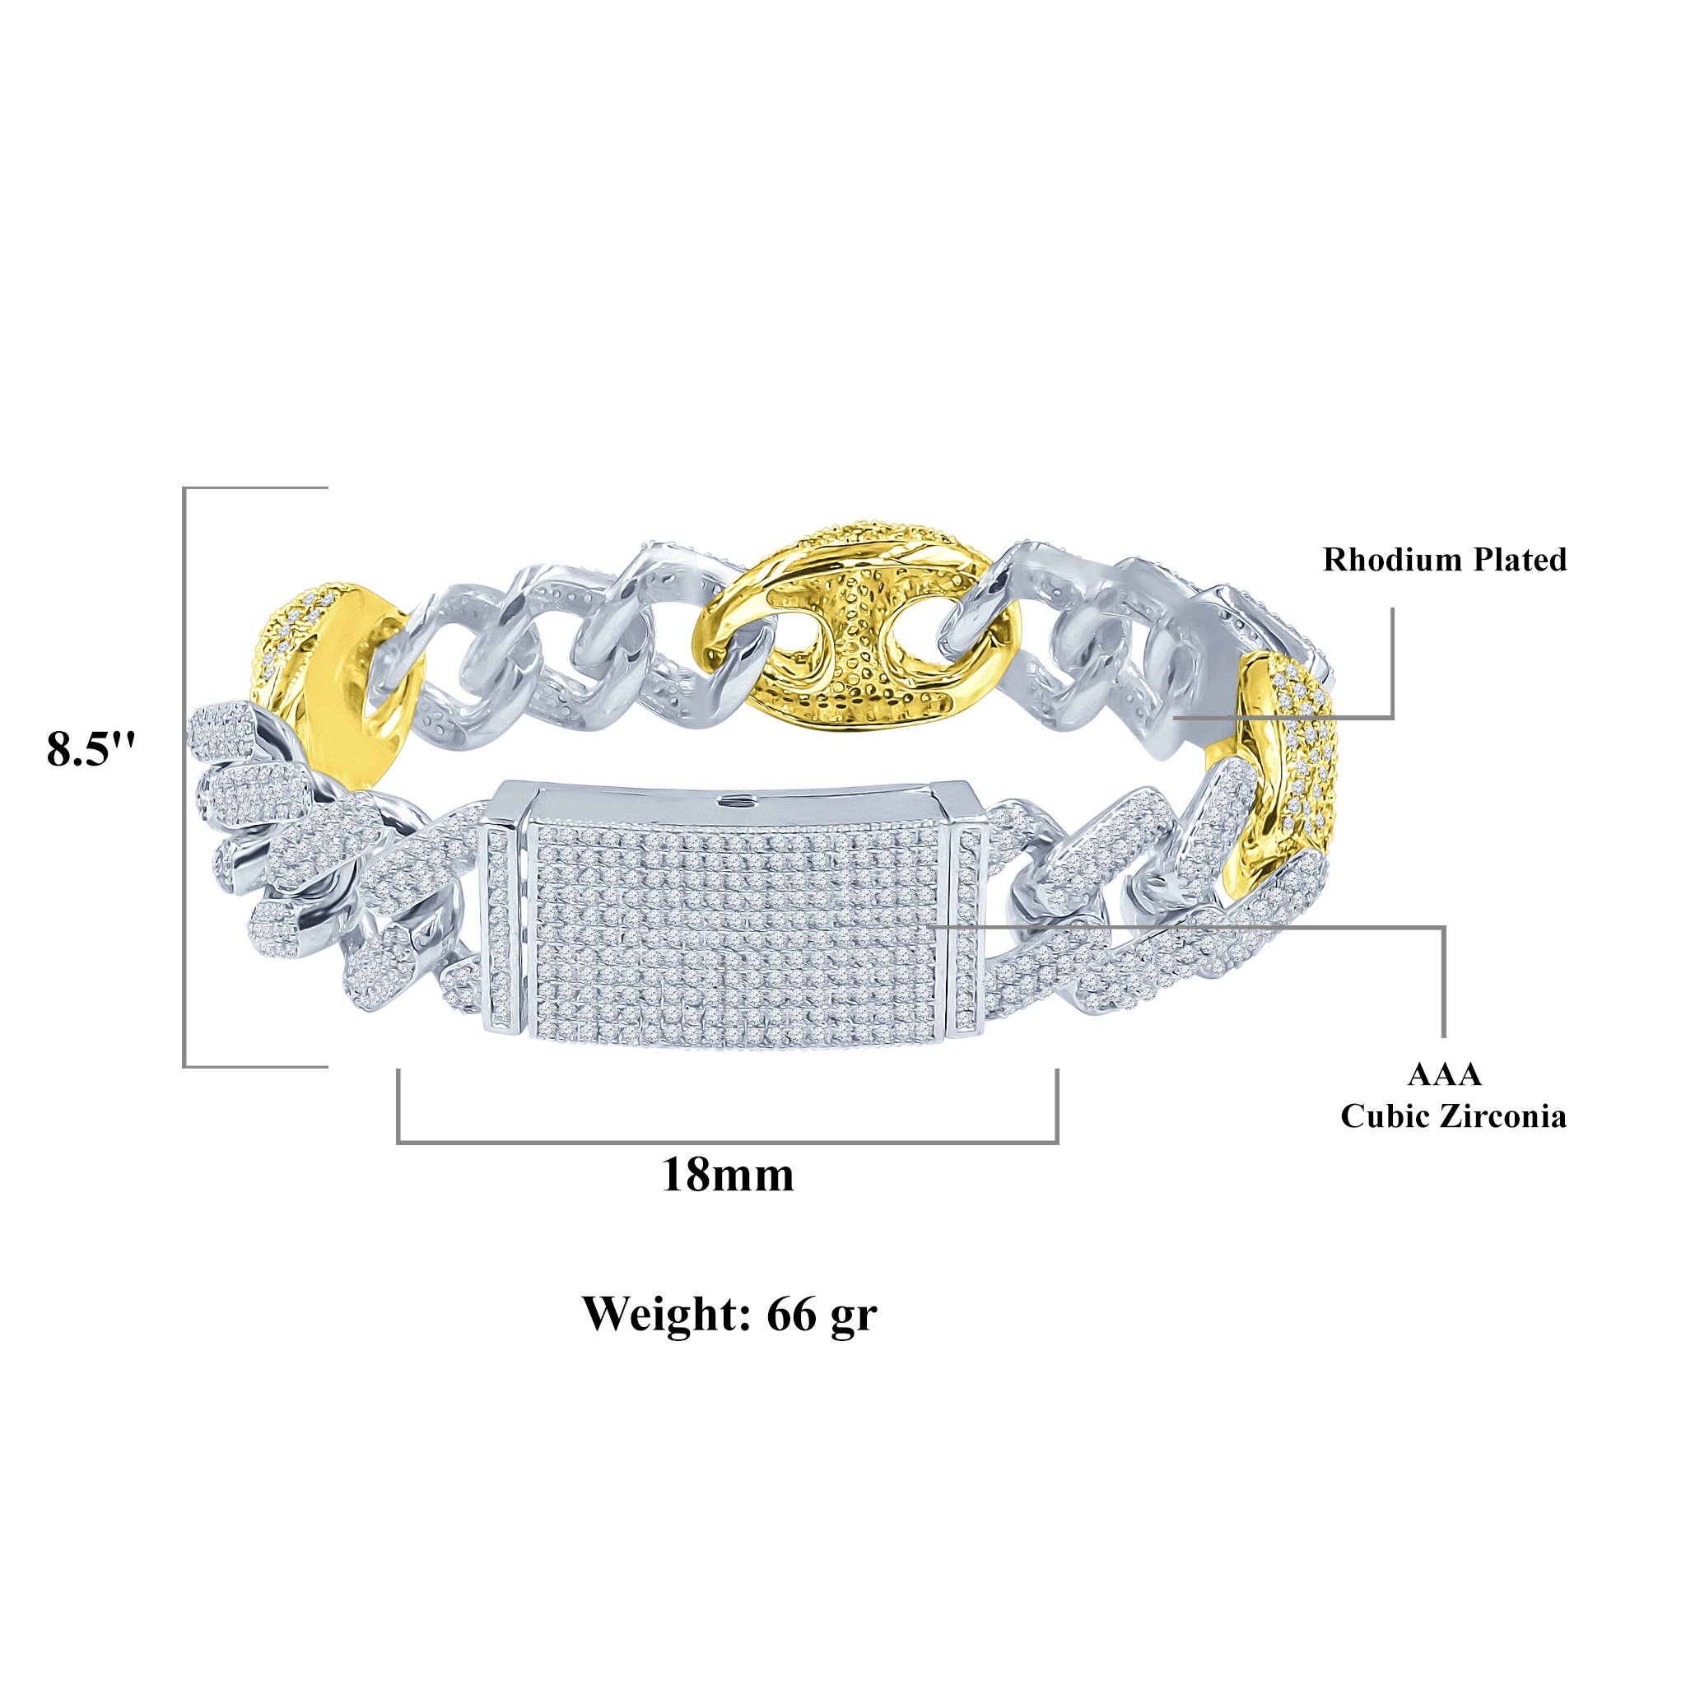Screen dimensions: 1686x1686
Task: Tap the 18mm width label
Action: [728, 1174]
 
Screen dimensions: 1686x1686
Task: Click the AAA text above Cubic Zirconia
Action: [1444, 1074]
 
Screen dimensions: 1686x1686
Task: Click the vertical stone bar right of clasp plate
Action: [970, 930]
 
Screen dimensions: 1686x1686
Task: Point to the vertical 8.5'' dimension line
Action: [184, 776]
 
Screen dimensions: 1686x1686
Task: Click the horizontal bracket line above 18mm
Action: [728, 1142]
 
